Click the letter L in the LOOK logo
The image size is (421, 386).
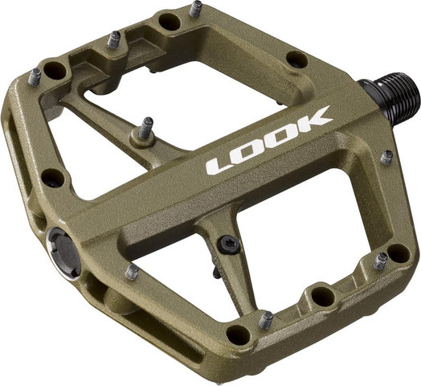click(x=219, y=166)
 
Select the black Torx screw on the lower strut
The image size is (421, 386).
click(x=228, y=244)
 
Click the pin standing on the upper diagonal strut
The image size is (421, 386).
click(x=145, y=128)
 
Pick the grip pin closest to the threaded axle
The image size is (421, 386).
click(x=387, y=157)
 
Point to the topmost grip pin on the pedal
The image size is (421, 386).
click(x=196, y=9)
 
